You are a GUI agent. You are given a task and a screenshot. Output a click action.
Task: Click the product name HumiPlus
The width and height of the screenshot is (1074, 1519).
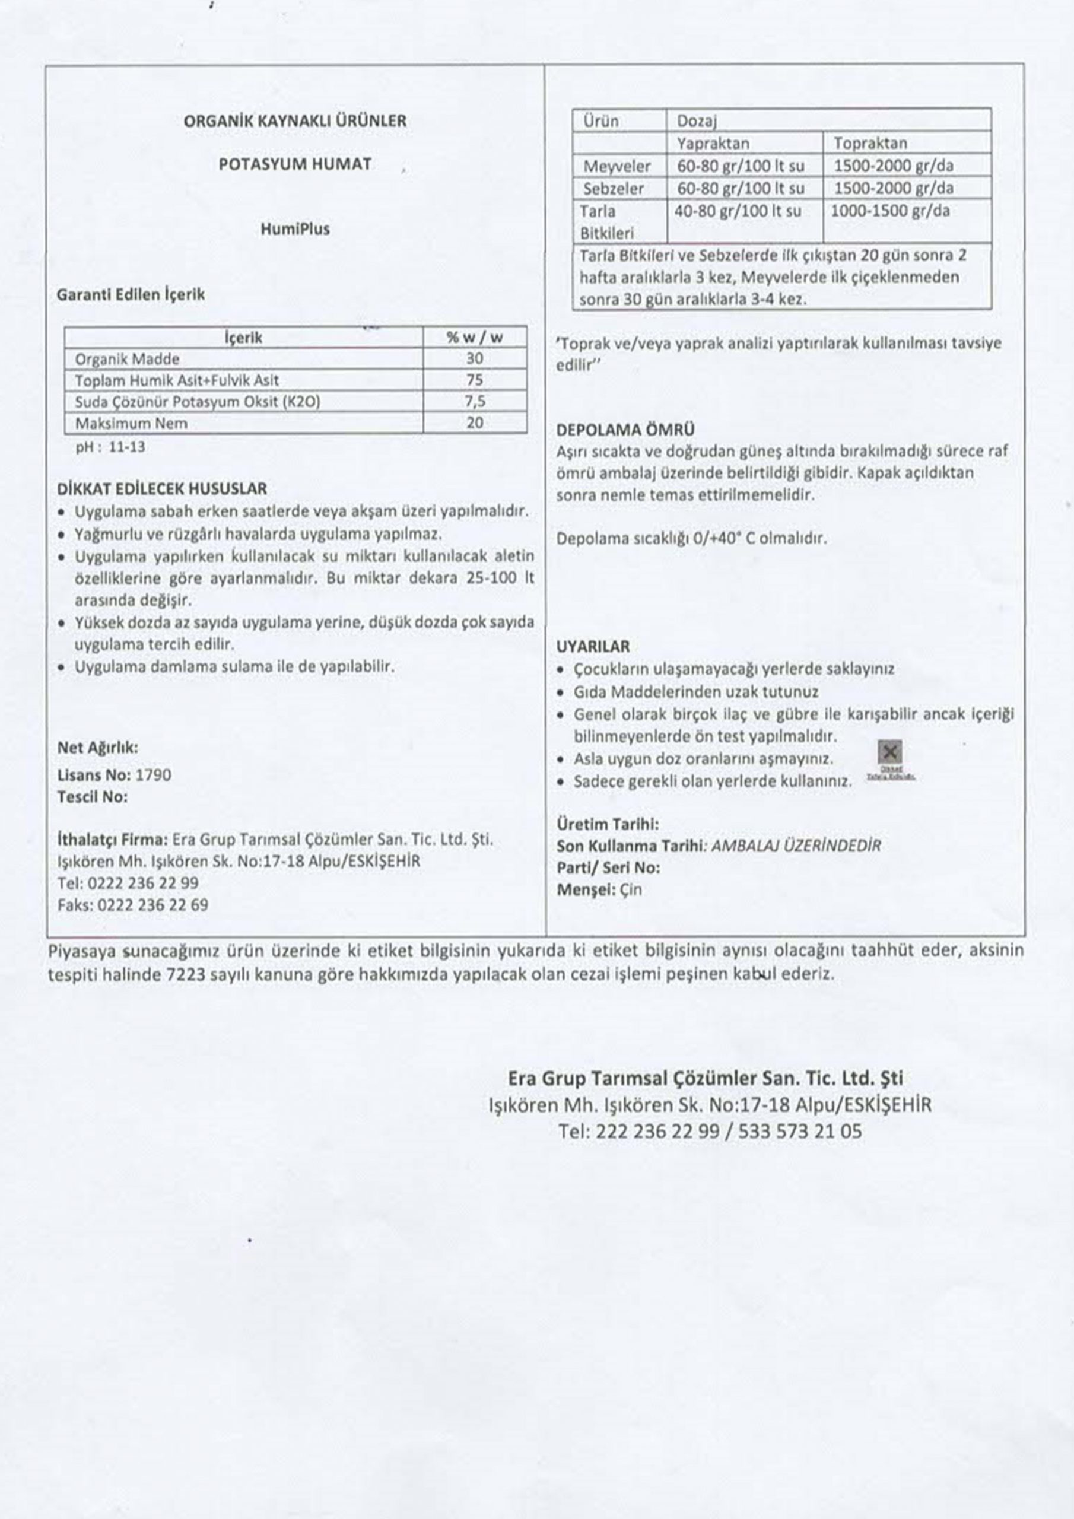294,229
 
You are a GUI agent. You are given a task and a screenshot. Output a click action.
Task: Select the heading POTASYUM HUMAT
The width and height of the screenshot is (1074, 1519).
294,164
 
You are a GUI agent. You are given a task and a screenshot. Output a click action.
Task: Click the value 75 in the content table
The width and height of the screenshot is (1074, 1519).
475,380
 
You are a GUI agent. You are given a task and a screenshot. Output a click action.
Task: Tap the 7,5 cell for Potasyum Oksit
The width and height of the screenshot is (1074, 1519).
475,402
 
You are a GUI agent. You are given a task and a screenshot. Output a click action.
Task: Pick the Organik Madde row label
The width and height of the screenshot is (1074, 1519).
127,359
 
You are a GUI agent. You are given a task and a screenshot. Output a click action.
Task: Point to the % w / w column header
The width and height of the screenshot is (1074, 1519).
475,338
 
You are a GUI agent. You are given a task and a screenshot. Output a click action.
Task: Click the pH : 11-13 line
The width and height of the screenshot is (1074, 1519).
110,447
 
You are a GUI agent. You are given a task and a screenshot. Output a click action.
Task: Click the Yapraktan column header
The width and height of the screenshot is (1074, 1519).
713,143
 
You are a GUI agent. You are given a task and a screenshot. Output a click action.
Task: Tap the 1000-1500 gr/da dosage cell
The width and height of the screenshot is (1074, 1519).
890,211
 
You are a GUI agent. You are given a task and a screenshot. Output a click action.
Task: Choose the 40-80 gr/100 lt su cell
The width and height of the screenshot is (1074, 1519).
737,211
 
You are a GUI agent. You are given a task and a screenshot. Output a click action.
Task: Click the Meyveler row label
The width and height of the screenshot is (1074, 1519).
616,166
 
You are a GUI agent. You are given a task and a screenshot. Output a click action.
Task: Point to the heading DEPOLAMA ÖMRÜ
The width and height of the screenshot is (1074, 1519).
625,430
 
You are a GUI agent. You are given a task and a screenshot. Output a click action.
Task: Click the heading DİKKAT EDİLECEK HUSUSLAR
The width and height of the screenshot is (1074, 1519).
162,489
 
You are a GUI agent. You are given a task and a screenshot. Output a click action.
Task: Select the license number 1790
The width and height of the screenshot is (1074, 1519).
153,775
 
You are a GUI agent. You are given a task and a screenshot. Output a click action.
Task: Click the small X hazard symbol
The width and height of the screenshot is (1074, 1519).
890,752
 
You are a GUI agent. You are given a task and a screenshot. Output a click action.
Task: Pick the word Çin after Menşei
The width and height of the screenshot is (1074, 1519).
631,890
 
